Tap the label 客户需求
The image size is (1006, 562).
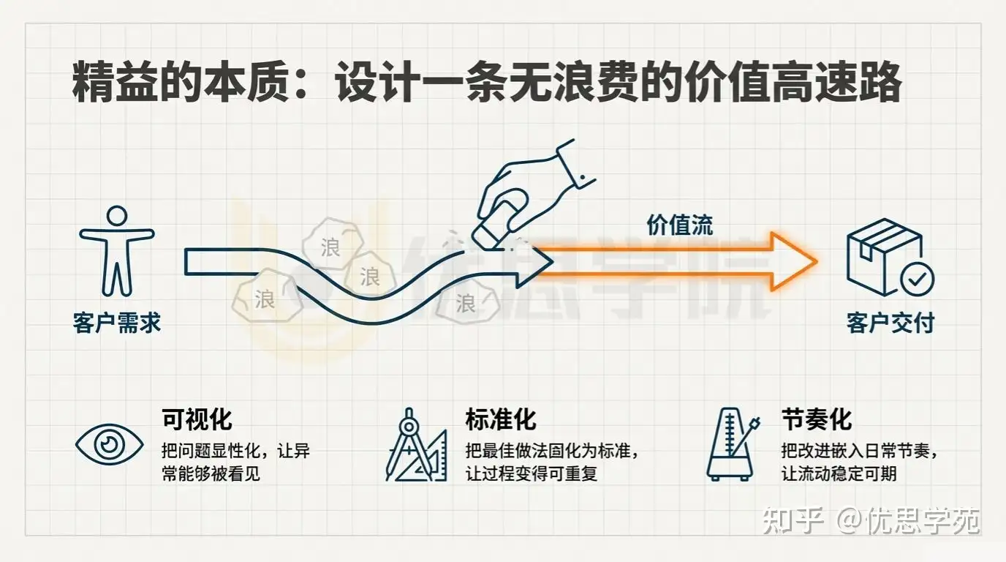[x=117, y=323]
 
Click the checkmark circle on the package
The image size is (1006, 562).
[x=916, y=279]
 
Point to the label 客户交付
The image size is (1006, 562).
[x=890, y=323]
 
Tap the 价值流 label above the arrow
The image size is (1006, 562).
[x=679, y=225]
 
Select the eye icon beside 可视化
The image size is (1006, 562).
[x=110, y=443]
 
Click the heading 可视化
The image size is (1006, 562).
[x=197, y=420]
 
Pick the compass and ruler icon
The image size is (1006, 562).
[x=415, y=447]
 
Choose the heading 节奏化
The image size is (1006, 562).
[x=817, y=420]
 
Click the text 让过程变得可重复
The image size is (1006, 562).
[x=532, y=473]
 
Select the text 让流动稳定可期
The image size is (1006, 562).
[x=839, y=473]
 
